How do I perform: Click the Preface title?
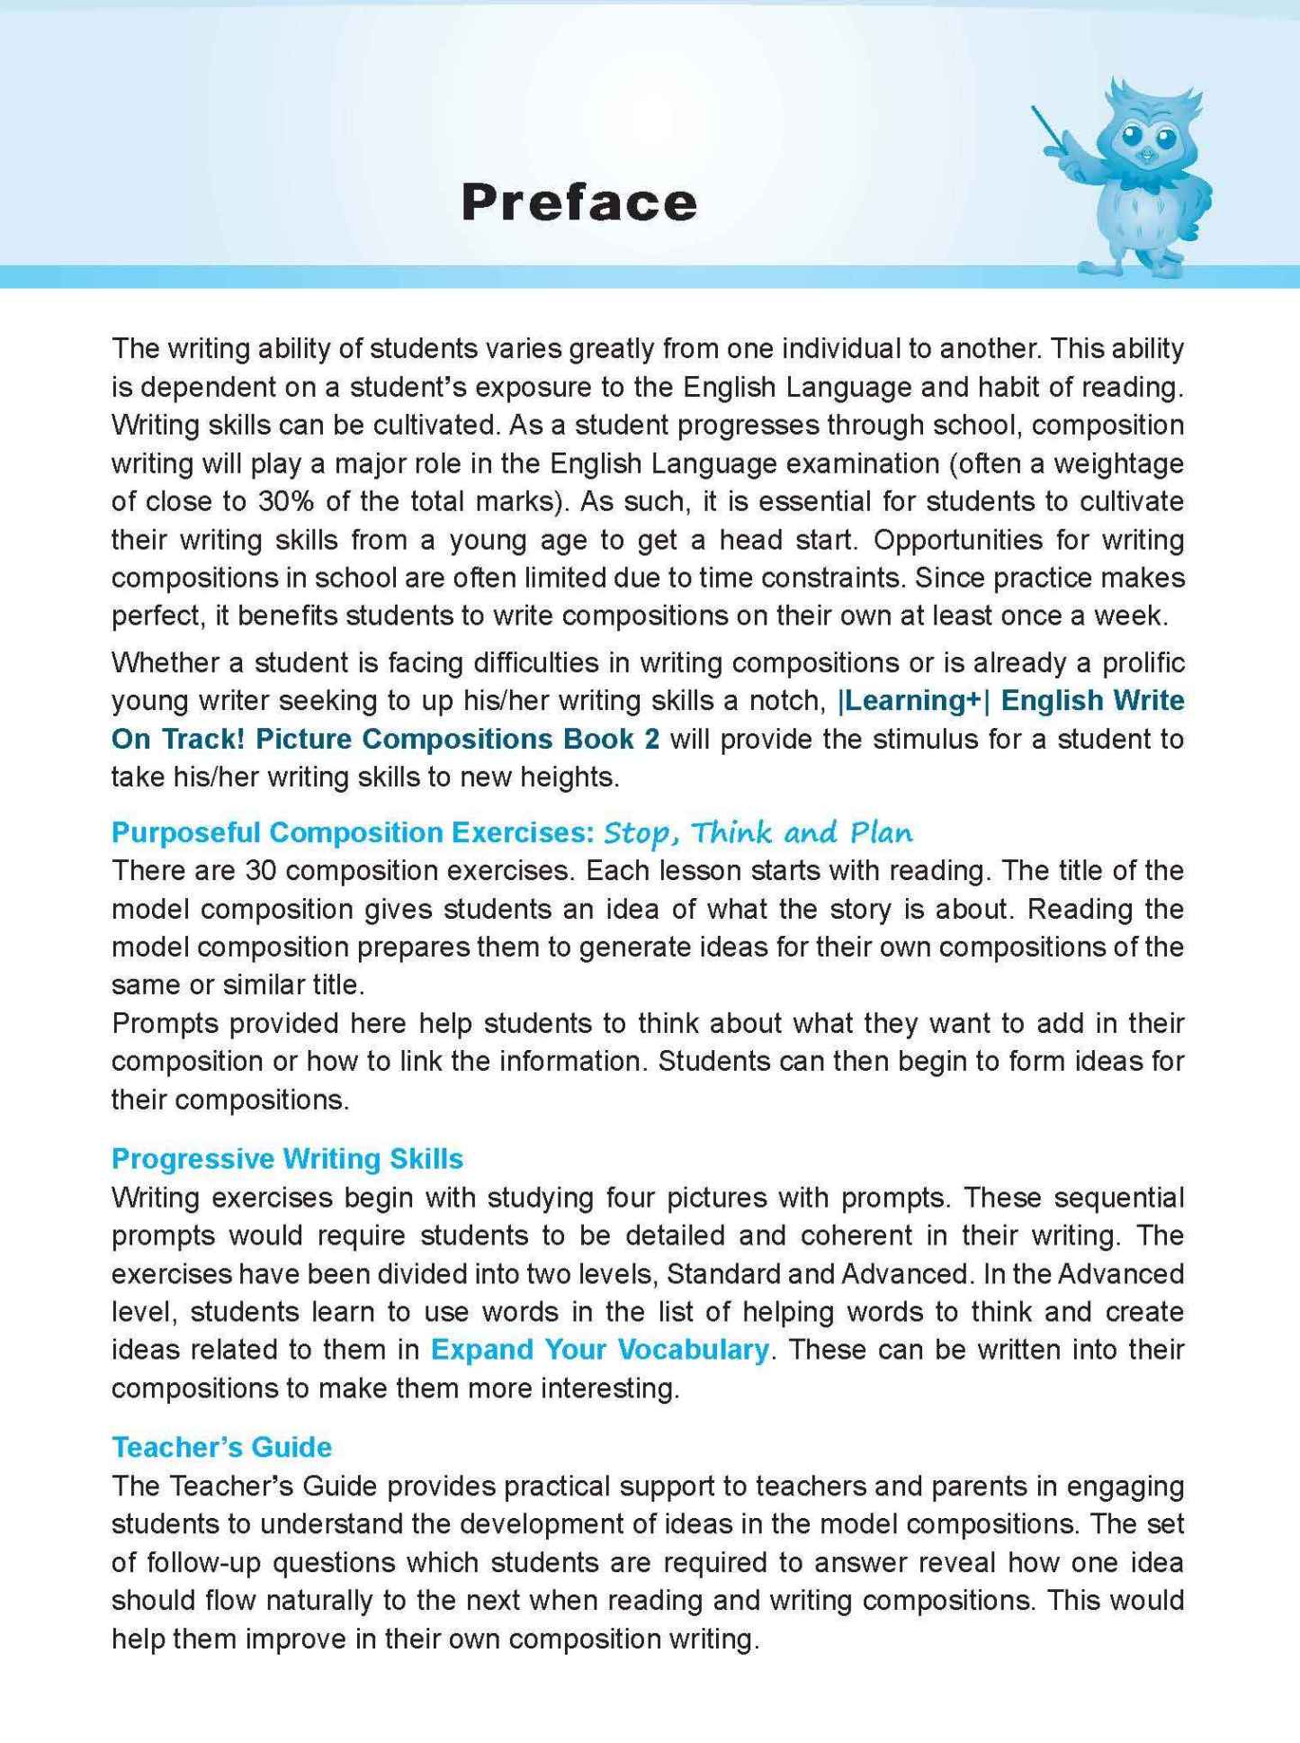tap(578, 202)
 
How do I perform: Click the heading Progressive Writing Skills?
tap(287, 1158)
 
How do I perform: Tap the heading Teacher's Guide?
tap(221, 1447)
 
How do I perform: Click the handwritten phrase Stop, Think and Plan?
tap(758, 832)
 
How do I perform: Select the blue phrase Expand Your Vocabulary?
tap(599, 1350)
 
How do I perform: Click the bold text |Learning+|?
tap(912, 700)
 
